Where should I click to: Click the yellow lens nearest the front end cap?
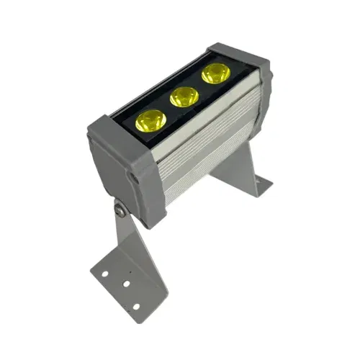[x=150, y=120]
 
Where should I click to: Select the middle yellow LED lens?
[x=184, y=96]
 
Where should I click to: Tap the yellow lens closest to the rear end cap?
[x=215, y=73]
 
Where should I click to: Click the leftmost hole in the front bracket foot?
[x=104, y=272]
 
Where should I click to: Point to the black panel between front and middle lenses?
[x=166, y=110]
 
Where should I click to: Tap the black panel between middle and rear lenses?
[x=199, y=86]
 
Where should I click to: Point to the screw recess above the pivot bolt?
[x=132, y=176]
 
